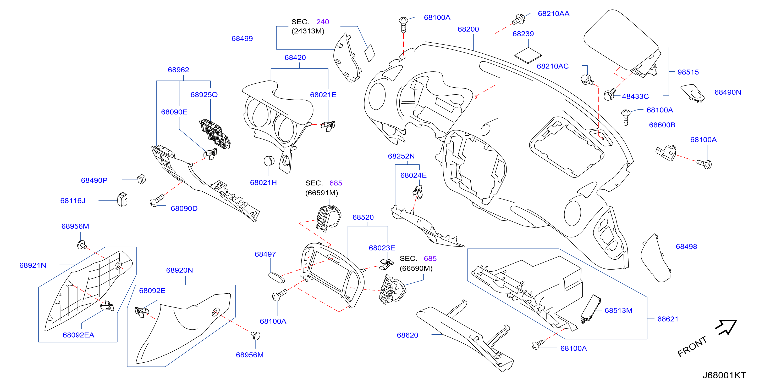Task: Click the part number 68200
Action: [468, 29]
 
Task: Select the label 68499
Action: [242, 38]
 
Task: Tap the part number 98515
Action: [688, 72]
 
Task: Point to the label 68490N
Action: [728, 92]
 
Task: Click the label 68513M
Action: [618, 310]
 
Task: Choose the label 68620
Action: [407, 335]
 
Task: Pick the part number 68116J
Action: [73, 201]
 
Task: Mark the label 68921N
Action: [32, 265]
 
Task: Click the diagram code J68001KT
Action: [724, 375]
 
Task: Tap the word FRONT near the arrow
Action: [692, 346]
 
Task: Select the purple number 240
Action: [322, 22]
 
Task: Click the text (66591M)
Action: [321, 193]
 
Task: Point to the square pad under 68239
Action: [528, 55]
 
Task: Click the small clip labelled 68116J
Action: [122, 199]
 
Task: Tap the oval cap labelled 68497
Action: [276, 278]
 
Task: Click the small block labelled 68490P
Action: [141, 179]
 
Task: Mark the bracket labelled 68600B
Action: [666, 153]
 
